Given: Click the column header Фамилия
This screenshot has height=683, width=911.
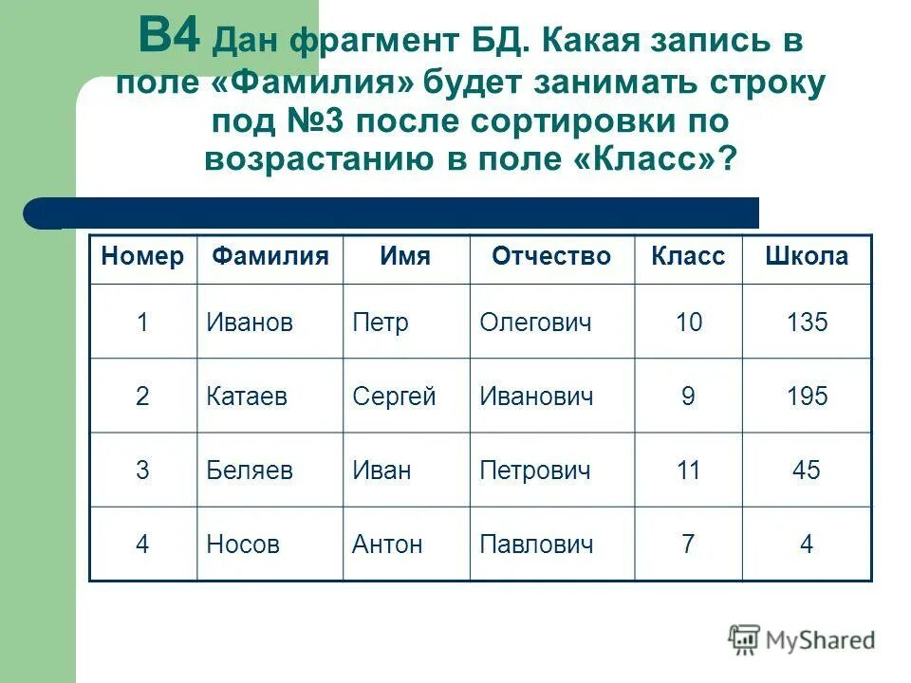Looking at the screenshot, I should pos(270,257).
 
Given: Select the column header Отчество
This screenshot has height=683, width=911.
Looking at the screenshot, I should pos(551,257).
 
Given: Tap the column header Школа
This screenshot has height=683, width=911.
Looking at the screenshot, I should pos(807,257).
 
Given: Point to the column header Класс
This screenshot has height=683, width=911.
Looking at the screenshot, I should pos(688,257).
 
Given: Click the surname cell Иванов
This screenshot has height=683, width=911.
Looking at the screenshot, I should pos(250,323).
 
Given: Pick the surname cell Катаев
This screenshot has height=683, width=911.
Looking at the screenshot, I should pos(248,396).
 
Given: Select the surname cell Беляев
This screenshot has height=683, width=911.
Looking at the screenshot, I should pos(250,470).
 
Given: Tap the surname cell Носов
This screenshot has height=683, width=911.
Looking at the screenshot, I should pos(243,544).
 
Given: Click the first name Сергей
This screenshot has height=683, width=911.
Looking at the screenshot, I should pos(394,396).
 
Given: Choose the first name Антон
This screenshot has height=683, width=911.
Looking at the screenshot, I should pos(387,544).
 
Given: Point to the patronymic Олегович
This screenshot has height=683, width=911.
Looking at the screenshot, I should pos(535,323).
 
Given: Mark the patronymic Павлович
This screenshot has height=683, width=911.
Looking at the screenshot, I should pos(536,544).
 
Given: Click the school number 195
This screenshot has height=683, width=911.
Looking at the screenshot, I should pos(807,396).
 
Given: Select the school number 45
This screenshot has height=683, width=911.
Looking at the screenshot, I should pos(807,470).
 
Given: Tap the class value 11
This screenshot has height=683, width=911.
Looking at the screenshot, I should pos(688,470).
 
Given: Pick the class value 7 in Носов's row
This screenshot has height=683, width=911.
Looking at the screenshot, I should pos(688,544).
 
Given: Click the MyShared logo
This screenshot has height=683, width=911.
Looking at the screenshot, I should pos(802,640).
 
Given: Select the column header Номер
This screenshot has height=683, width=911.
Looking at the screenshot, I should pos(142,257).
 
